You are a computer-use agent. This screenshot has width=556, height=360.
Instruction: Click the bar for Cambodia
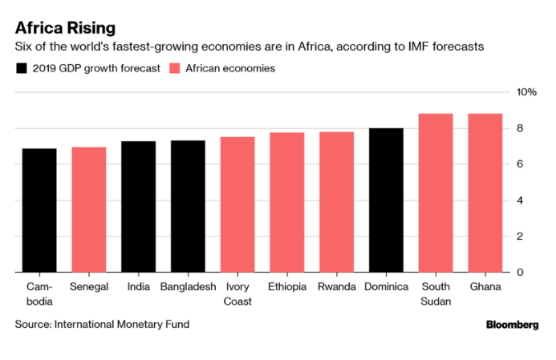pos(39,210)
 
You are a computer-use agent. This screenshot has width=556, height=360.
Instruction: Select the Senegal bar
pos(88,209)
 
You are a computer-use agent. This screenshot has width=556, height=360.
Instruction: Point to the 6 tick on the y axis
pos(520,164)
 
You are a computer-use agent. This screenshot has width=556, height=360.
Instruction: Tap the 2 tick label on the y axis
pos(520,237)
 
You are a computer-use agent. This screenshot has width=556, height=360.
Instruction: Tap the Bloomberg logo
pos(512,325)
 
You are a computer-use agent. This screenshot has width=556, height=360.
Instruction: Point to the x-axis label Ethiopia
pos(286,286)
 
